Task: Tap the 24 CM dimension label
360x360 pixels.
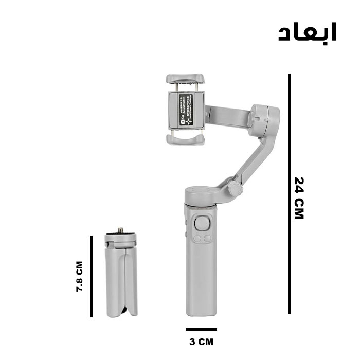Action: [x=299, y=198]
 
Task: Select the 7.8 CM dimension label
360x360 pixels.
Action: [x=79, y=277]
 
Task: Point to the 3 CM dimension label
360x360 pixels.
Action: [x=201, y=341]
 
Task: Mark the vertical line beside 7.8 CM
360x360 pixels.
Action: [x=91, y=276]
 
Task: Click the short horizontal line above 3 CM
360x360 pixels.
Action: [x=201, y=329]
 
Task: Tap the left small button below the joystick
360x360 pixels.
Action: [x=197, y=238]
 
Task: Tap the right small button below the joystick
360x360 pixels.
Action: [x=207, y=238]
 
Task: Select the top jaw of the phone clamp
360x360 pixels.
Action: [x=186, y=79]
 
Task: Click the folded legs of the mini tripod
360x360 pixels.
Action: [x=121, y=280]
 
